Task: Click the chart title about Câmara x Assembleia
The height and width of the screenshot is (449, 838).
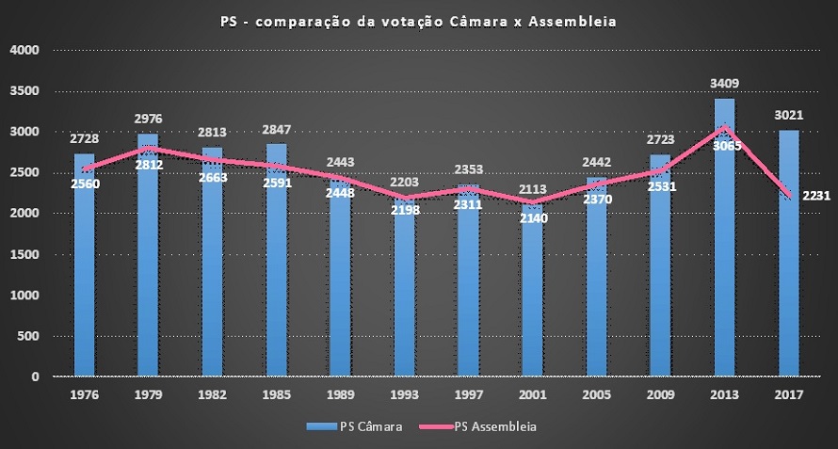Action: pos(418,22)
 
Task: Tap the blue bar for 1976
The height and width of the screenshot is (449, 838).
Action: pos(85,273)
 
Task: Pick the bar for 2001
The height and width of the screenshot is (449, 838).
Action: pos(532,301)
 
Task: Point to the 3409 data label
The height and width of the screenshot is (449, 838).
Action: pos(724,85)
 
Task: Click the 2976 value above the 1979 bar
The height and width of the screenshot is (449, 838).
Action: pos(148,120)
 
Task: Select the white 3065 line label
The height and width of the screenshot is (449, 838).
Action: pos(725,146)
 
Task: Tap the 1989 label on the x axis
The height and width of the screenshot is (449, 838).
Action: pos(340,396)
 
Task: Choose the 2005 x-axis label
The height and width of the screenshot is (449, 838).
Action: pos(596,396)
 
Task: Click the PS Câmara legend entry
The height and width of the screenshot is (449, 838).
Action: pos(363,426)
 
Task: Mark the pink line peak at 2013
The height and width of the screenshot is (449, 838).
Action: pos(724,127)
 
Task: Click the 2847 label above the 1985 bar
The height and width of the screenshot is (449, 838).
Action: pos(276,131)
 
